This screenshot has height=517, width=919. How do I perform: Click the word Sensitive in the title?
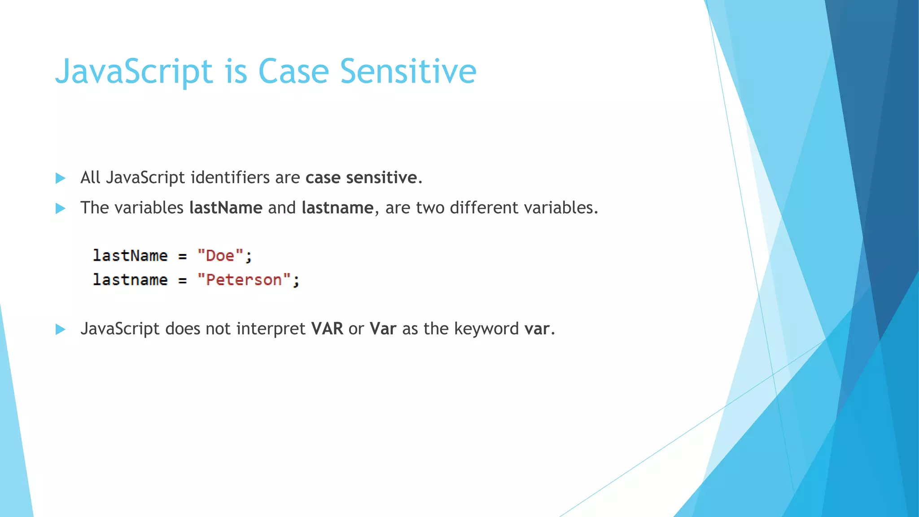tap(408, 71)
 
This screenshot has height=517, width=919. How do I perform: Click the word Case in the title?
tap(293, 71)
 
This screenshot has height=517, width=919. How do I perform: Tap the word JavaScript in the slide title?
tap(134, 71)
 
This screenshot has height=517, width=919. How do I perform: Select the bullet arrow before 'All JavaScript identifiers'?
tap(60, 178)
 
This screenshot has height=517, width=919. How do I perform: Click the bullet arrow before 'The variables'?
tap(60, 208)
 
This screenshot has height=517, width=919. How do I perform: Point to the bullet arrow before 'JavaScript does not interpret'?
tap(60, 329)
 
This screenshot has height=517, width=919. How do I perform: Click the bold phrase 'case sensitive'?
tap(361, 178)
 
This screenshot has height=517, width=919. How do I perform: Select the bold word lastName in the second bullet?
tap(226, 208)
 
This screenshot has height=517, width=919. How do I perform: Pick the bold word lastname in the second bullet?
tap(337, 208)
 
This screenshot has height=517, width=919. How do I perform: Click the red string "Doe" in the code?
tap(220, 256)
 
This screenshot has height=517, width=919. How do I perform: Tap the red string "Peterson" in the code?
tap(244, 280)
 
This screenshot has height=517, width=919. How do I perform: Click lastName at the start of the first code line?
tap(130, 256)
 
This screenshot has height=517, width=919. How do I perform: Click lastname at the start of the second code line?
tap(130, 280)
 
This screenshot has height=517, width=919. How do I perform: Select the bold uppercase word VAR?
tap(327, 329)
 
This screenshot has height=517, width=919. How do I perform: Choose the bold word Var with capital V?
tap(383, 329)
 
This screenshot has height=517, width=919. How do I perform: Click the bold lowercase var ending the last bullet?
tap(537, 329)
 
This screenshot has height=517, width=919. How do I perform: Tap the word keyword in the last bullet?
tap(486, 329)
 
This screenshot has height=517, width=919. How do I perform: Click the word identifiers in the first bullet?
tap(230, 178)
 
